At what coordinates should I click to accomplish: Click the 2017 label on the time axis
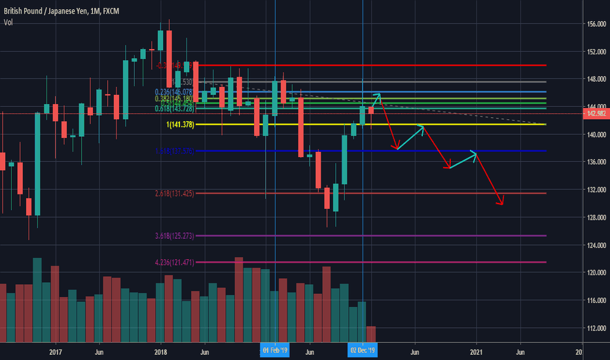(55, 351)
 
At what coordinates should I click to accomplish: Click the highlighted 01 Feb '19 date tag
(275, 351)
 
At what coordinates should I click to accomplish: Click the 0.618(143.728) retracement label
(175, 107)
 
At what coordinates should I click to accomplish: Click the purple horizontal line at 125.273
(393, 236)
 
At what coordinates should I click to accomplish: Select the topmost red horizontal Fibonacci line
(393, 65)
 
